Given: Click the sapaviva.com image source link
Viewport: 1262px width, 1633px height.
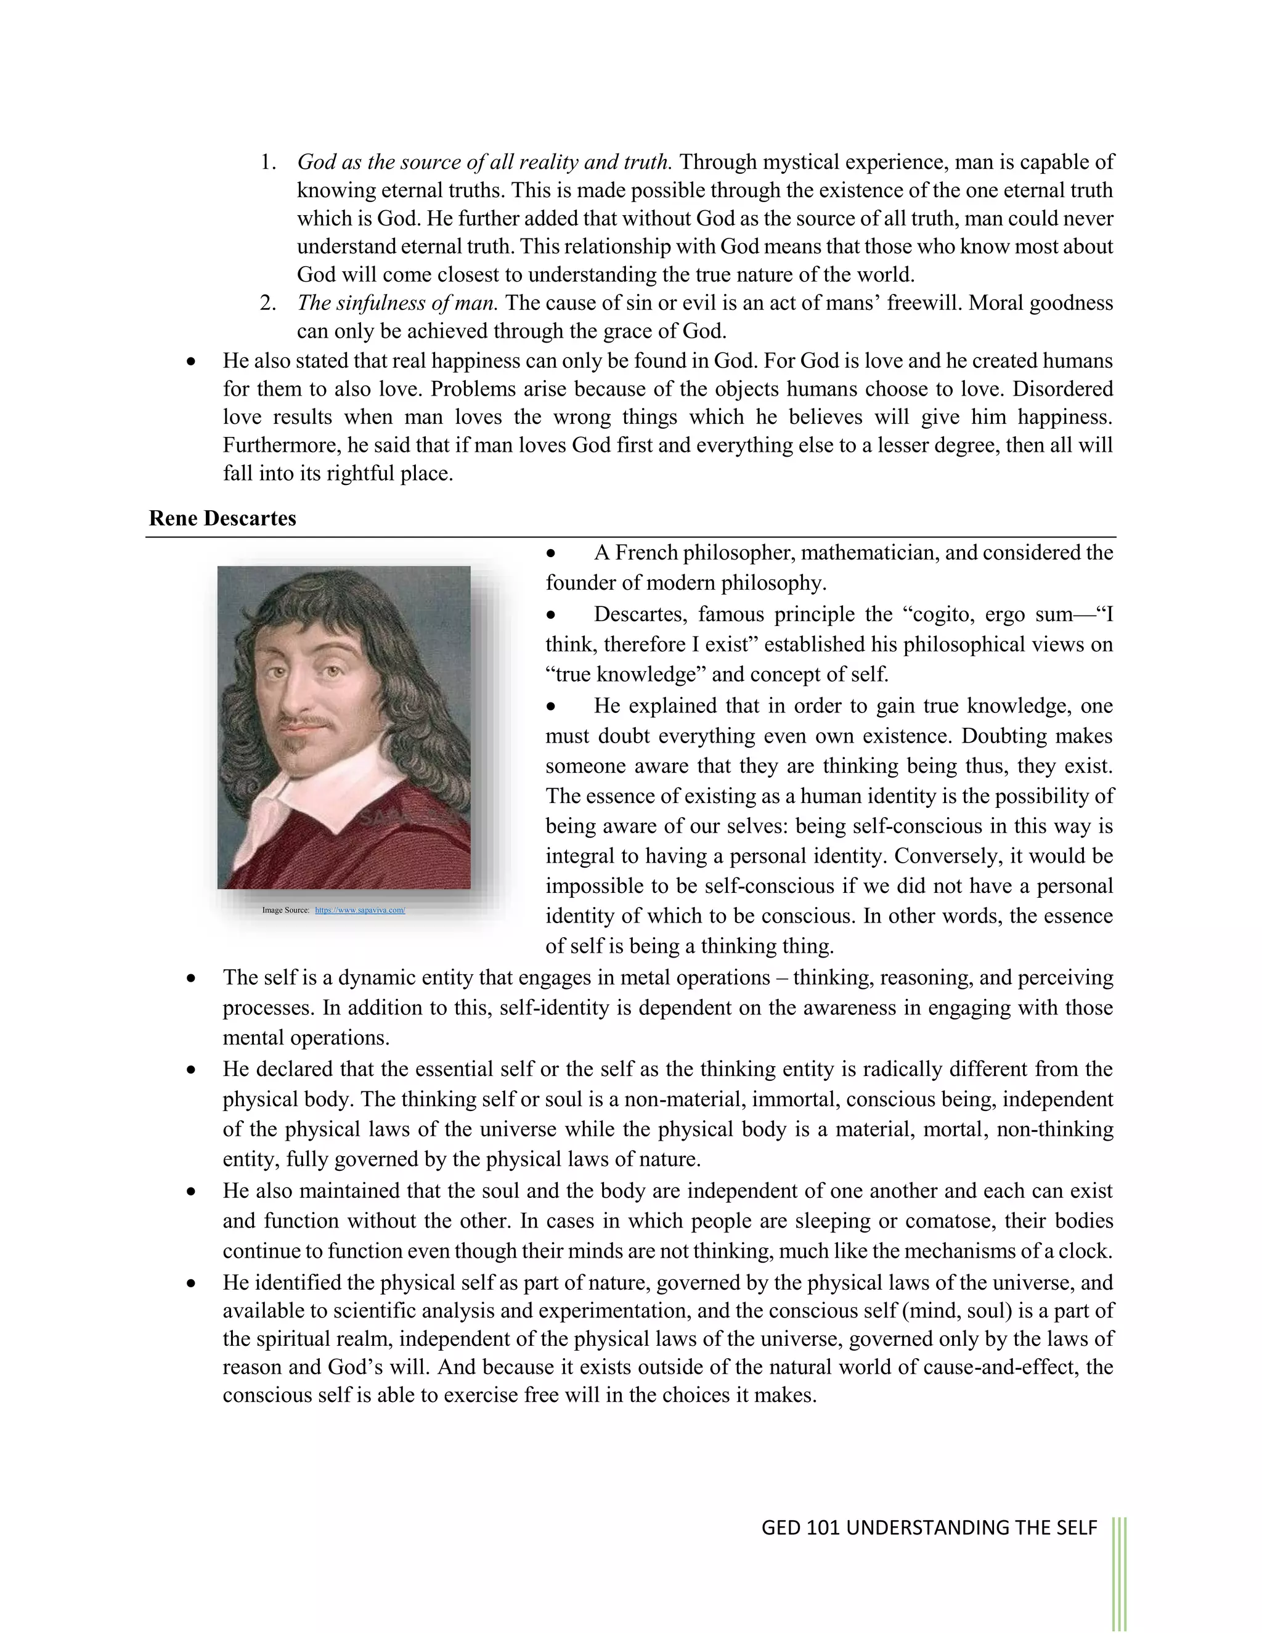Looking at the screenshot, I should (360, 910).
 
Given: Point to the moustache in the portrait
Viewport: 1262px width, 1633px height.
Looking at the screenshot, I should (306, 722).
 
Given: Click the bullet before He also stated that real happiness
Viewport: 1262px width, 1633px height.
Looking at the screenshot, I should (192, 362).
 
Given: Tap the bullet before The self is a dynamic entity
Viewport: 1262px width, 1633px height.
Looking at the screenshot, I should (192, 979).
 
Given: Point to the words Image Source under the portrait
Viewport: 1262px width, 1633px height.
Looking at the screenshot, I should (285, 910).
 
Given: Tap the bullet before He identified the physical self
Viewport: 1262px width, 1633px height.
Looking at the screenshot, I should (192, 1284).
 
